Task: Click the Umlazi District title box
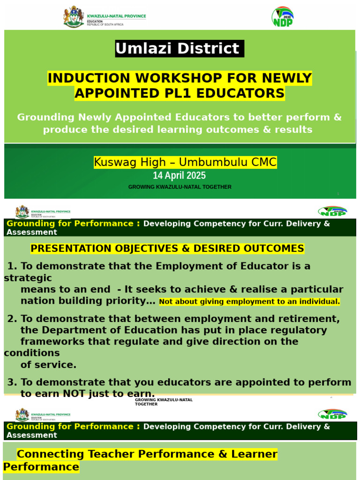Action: coord(180,49)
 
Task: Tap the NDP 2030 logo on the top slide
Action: coord(283,17)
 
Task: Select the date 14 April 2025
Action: coord(179,176)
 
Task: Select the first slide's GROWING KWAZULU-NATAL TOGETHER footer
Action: coord(180,187)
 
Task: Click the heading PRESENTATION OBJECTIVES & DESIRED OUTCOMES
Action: coord(167,248)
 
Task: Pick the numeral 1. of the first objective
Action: coord(13,266)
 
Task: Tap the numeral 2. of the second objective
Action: coord(13,319)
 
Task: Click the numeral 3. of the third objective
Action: coord(13,382)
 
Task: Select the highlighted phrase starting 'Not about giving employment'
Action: coord(249,302)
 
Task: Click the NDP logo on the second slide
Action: coord(332,211)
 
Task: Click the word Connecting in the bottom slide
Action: coord(51,454)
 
